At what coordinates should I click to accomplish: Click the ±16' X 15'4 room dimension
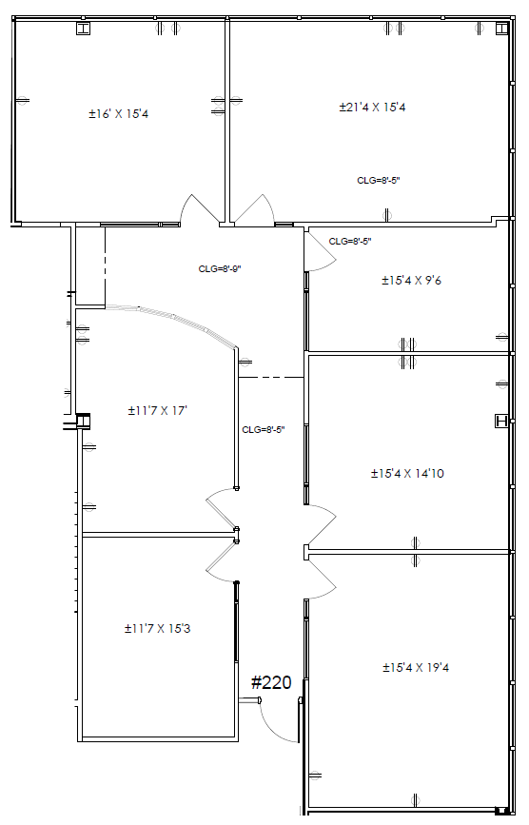[x=118, y=113]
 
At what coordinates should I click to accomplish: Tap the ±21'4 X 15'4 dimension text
[x=372, y=108]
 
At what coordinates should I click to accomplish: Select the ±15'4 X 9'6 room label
[x=411, y=281]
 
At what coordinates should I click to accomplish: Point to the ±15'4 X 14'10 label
[x=407, y=474]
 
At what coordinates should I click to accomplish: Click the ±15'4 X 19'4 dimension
[x=416, y=668]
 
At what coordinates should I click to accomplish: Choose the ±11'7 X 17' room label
[x=158, y=410]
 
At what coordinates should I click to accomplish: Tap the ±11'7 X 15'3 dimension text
[x=157, y=629]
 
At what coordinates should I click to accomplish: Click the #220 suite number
[x=271, y=682]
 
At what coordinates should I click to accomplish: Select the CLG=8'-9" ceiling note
[x=220, y=269]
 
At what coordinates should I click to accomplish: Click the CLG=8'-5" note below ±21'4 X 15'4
[x=379, y=181]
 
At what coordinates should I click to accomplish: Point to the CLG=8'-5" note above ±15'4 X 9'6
[x=350, y=242]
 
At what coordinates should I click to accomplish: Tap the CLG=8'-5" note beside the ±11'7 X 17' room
[x=264, y=430]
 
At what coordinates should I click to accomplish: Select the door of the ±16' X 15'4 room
[x=200, y=209]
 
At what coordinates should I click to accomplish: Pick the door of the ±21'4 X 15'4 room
[x=254, y=210]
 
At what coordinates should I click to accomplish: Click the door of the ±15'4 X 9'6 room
[x=321, y=252]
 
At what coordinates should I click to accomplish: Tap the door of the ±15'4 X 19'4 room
[x=322, y=578]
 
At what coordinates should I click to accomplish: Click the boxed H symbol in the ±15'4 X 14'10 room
[x=501, y=421]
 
